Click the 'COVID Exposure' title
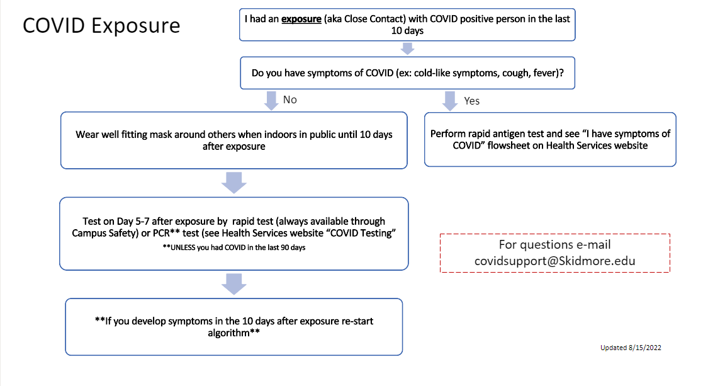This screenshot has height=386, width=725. tap(101, 26)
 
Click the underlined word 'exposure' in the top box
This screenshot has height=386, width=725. tap(301, 19)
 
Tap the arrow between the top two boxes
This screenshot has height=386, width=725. tap(407, 48)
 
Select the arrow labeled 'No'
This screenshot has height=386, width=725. tap(271, 100)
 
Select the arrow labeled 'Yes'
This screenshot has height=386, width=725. tap(449, 101)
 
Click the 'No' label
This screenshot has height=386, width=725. tap(290, 100)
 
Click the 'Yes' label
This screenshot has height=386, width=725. tap(471, 101)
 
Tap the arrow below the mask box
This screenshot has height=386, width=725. tap(234, 183)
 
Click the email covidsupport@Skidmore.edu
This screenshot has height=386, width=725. tap(555, 261)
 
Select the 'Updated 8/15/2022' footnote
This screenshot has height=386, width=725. tap(631, 348)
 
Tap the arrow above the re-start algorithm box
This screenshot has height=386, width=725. tap(234, 284)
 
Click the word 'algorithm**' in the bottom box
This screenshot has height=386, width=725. tap(234, 332)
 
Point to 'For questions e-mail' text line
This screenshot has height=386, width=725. tap(555, 244)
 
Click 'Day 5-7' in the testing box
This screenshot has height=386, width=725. tap(132, 221)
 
